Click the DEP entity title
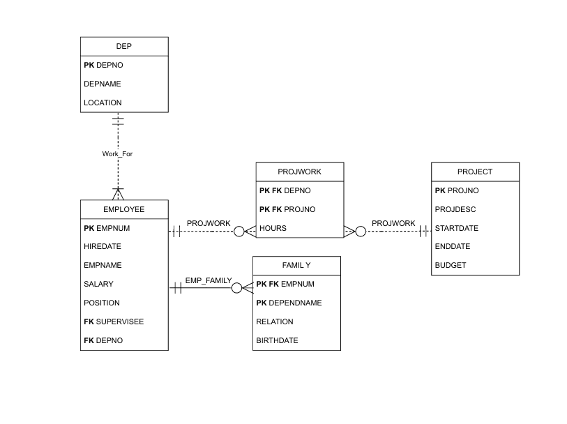pos(123,46)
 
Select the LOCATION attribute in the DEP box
pos(103,103)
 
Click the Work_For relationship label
pos(118,154)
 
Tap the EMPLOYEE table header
pos(123,209)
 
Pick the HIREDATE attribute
pos(103,247)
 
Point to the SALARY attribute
pos(98,284)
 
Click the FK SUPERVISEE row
pos(114,321)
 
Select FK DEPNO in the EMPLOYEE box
pos(103,340)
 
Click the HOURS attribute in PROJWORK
pos(273,228)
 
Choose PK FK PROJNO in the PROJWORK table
pos(287,209)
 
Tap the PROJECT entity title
pos(475,172)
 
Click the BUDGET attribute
pos(451,265)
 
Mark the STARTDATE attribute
pos(457,228)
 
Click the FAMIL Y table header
pos(296,265)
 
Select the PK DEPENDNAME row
pos(289,303)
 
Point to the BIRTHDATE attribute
pos(277,340)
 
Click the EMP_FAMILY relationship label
pos(209,280)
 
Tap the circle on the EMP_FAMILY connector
pos(236,288)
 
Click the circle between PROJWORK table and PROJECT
pos(361,232)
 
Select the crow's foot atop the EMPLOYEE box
pos(118,194)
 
